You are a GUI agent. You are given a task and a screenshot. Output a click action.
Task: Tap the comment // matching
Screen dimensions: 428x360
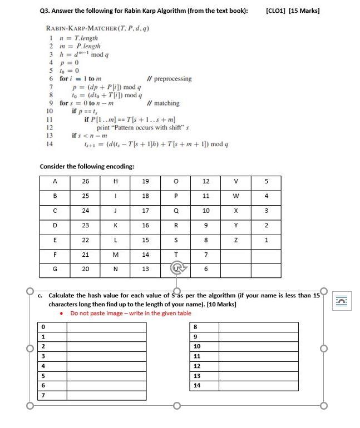point(162,103)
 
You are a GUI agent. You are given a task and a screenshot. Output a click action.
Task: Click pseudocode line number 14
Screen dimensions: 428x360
point(49,145)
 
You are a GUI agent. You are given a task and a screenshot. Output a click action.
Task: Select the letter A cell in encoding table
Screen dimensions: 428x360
point(55,181)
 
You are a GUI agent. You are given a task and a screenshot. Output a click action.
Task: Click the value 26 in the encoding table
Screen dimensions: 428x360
point(85,181)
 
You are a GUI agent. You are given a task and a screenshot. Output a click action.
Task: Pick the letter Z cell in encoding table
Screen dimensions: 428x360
point(236,240)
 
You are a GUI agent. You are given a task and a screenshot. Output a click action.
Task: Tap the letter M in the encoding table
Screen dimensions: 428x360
point(116,255)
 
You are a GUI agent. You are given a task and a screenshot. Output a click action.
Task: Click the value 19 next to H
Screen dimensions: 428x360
point(146,181)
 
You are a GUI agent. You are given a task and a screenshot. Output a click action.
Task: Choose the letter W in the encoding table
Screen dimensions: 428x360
point(236,196)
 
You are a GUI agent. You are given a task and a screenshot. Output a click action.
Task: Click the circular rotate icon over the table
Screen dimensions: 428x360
point(176,270)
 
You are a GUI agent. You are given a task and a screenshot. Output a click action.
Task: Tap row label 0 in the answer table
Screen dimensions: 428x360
point(43,327)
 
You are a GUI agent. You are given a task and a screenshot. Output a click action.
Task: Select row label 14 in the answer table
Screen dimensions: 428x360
point(196,385)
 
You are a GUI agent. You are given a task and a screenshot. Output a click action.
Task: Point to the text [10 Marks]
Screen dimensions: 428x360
point(221,305)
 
